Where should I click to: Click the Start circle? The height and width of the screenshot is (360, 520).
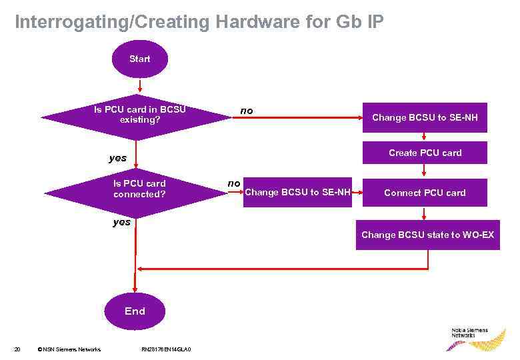(140, 59)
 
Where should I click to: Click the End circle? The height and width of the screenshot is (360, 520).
(135, 311)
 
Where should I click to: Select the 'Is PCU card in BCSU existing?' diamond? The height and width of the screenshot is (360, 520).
(137, 115)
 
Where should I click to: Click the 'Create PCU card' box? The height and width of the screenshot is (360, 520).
(425, 153)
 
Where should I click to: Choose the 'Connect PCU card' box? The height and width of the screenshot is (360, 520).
(425, 193)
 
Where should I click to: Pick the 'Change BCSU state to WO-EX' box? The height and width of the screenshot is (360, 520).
(427, 235)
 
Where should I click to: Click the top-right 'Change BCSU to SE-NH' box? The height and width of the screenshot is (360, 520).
(425, 117)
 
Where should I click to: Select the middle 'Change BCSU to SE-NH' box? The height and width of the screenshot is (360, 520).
(297, 193)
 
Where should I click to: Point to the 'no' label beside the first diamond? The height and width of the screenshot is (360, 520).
(247, 111)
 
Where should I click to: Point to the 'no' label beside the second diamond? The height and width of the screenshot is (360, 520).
(234, 183)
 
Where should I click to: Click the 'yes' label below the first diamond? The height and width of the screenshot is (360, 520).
(118, 158)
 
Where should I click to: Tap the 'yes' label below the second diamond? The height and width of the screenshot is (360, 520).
(122, 222)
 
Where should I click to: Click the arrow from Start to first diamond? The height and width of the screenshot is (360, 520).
(139, 87)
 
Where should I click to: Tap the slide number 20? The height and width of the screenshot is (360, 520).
(17, 349)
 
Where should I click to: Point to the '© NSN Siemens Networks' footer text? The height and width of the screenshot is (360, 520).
(69, 349)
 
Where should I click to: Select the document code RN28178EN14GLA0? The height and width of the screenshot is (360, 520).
(167, 349)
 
